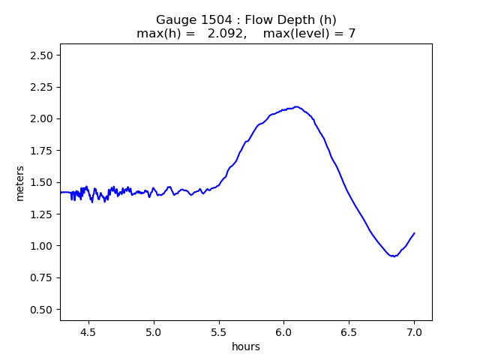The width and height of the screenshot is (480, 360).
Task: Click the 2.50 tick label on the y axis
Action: (41, 55)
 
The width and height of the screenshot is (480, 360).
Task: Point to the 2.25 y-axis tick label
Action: (41, 87)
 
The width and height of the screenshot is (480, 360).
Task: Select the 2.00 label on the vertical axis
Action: (41, 118)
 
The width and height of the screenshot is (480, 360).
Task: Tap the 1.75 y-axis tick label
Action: (41, 151)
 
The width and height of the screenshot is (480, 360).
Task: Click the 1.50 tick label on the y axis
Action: (41, 182)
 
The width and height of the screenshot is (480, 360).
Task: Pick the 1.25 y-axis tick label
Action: (41, 214)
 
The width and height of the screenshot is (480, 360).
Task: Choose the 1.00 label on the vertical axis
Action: (41, 246)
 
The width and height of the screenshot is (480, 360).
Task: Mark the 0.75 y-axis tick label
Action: (41, 277)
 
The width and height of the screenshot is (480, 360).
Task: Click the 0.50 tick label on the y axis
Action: (41, 310)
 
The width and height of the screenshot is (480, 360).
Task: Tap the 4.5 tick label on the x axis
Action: (88, 332)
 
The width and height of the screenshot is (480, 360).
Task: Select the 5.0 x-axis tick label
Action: (154, 332)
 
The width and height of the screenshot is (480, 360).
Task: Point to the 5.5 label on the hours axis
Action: (219, 332)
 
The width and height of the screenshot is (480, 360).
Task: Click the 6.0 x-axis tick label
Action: (283, 332)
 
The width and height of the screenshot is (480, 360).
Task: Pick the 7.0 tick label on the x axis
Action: (414, 332)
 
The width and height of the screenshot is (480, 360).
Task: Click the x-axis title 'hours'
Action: (246, 346)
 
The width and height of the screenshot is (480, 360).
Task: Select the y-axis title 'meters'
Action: (20, 183)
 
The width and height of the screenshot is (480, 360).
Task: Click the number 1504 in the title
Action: (217, 20)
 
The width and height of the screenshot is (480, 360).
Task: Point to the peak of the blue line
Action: (296, 106)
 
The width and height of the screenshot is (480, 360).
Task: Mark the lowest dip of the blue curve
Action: (394, 256)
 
